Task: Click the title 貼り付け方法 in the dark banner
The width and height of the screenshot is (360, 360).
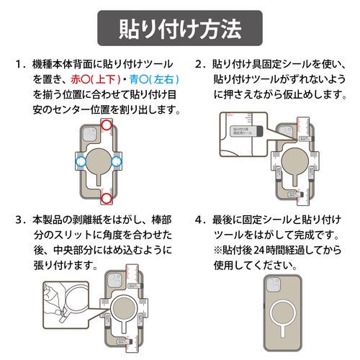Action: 179,30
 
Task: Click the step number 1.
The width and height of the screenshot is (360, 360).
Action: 19,63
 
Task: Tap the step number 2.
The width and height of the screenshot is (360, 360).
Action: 199,63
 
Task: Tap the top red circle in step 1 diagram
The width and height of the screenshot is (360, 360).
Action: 107,126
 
